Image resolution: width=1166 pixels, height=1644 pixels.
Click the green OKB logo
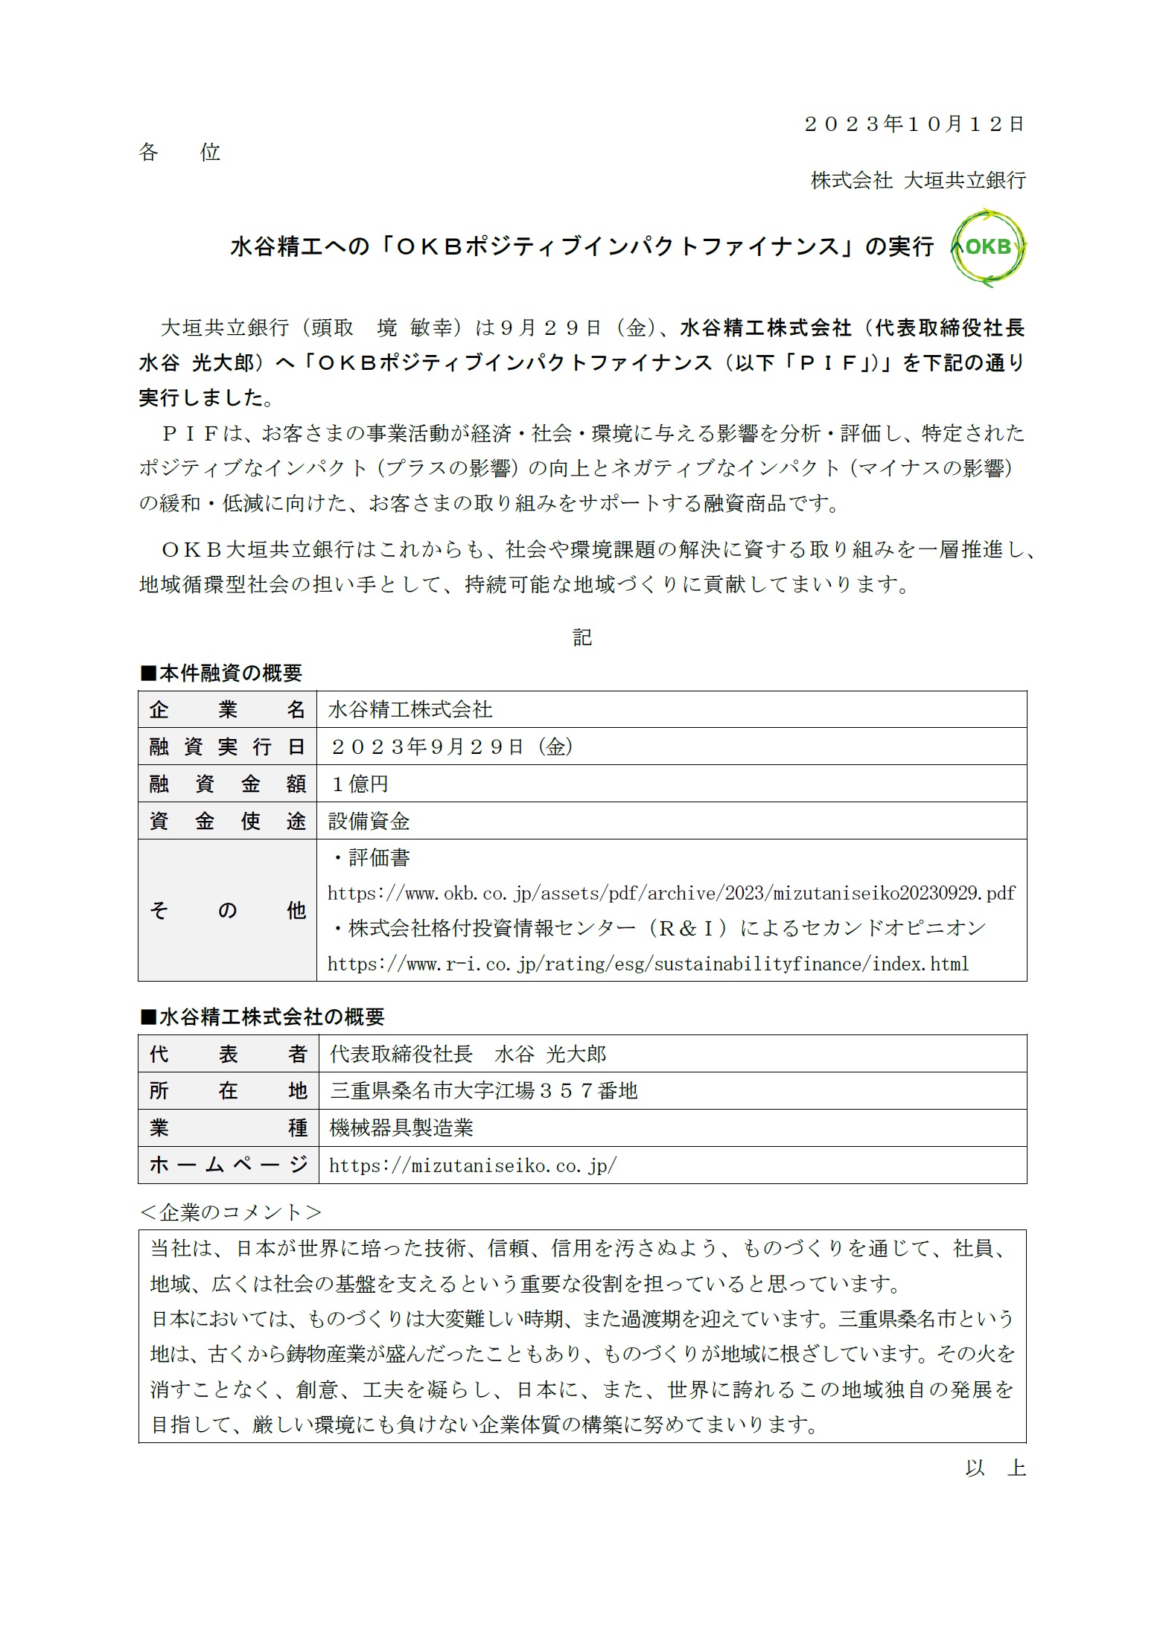(988, 247)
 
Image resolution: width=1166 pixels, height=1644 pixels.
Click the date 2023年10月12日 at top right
(914, 124)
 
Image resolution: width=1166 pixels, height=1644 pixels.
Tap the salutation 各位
(179, 153)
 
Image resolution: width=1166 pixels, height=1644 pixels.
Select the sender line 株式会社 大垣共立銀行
(918, 180)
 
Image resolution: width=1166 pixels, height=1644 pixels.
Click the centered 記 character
(582, 637)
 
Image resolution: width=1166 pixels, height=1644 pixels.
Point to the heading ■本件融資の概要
(221, 674)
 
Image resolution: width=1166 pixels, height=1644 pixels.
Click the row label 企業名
(227, 709)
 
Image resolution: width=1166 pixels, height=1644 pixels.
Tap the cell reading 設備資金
(369, 821)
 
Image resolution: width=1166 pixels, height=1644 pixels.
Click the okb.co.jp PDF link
(671, 893)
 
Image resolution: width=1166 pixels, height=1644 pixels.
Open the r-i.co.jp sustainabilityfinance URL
(648, 965)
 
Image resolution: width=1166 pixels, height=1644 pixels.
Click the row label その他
(227, 910)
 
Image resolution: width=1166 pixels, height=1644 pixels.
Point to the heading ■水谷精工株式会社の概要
(262, 1017)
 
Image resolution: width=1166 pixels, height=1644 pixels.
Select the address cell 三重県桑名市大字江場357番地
(484, 1091)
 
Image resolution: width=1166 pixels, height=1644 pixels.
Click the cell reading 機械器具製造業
(401, 1128)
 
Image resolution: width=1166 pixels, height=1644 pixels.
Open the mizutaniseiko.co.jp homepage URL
(472, 1165)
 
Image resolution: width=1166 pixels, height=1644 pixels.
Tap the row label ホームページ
(228, 1165)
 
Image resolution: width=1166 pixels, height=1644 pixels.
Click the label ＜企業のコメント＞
(231, 1212)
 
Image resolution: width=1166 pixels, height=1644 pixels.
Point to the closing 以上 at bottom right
(995, 1468)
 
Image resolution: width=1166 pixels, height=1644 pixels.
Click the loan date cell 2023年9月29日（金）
(451, 746)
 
